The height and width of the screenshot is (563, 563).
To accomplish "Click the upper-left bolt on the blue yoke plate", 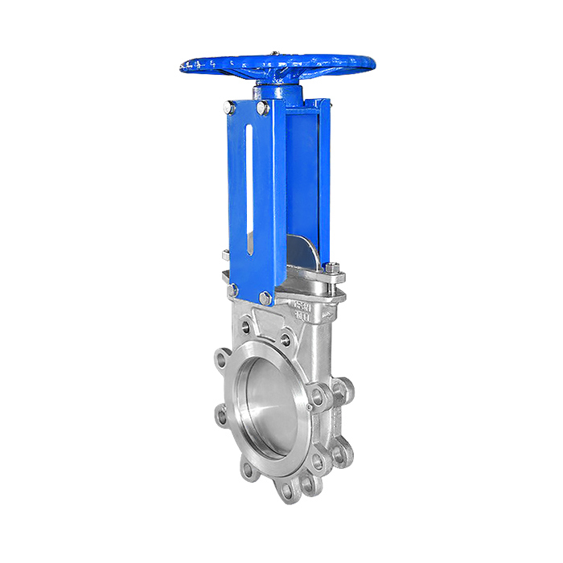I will click(230, 108).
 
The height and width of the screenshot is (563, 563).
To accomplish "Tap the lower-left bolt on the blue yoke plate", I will click(232, 289).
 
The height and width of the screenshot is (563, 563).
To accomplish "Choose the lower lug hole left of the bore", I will click(222, 416).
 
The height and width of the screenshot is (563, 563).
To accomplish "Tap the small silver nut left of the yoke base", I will click(227, 256).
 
